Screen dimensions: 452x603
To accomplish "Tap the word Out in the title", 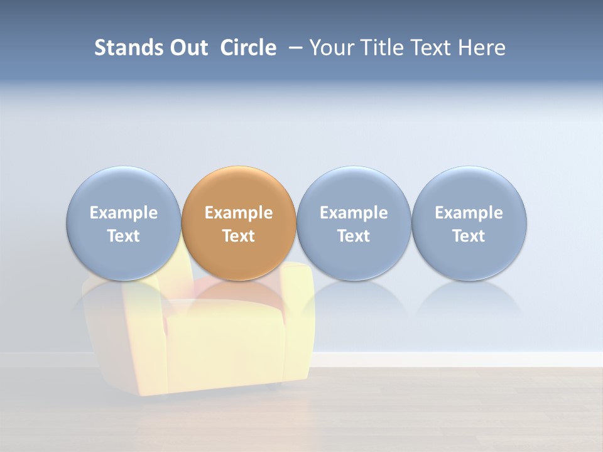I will tap(188, 48).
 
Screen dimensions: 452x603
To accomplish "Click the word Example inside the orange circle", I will tap(239, 213).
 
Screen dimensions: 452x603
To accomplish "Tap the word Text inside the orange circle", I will tap(239, 236).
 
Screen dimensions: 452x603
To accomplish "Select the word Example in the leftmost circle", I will tap(124, 213).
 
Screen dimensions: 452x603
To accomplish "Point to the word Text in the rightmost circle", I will tap(469, 236).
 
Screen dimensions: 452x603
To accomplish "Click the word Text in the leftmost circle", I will tap(124, 236).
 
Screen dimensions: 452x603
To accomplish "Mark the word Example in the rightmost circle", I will tap(469, 213).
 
